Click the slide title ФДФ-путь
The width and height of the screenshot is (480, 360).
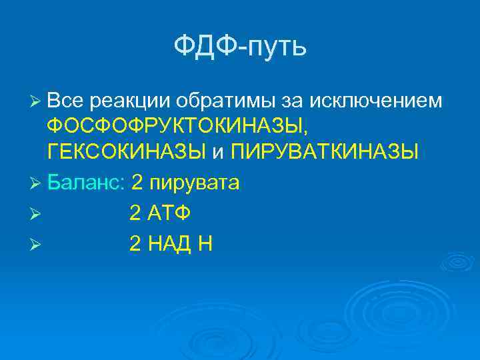pyautogui.click(x=240, y=47)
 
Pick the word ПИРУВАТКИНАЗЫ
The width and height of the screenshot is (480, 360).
pyautogui.click(x=325, y=151)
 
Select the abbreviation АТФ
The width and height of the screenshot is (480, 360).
pyautogui.click(x=170, y=213)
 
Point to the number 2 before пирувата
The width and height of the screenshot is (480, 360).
pyautogui.click(x=138, y=182)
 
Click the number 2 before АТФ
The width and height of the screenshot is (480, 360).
pyautogui.click(x=135, y=213)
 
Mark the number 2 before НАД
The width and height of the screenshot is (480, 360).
pyautogui.click(x=135, y=244)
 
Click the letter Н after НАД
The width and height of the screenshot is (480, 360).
pyautogui.click(x=205, y=244)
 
